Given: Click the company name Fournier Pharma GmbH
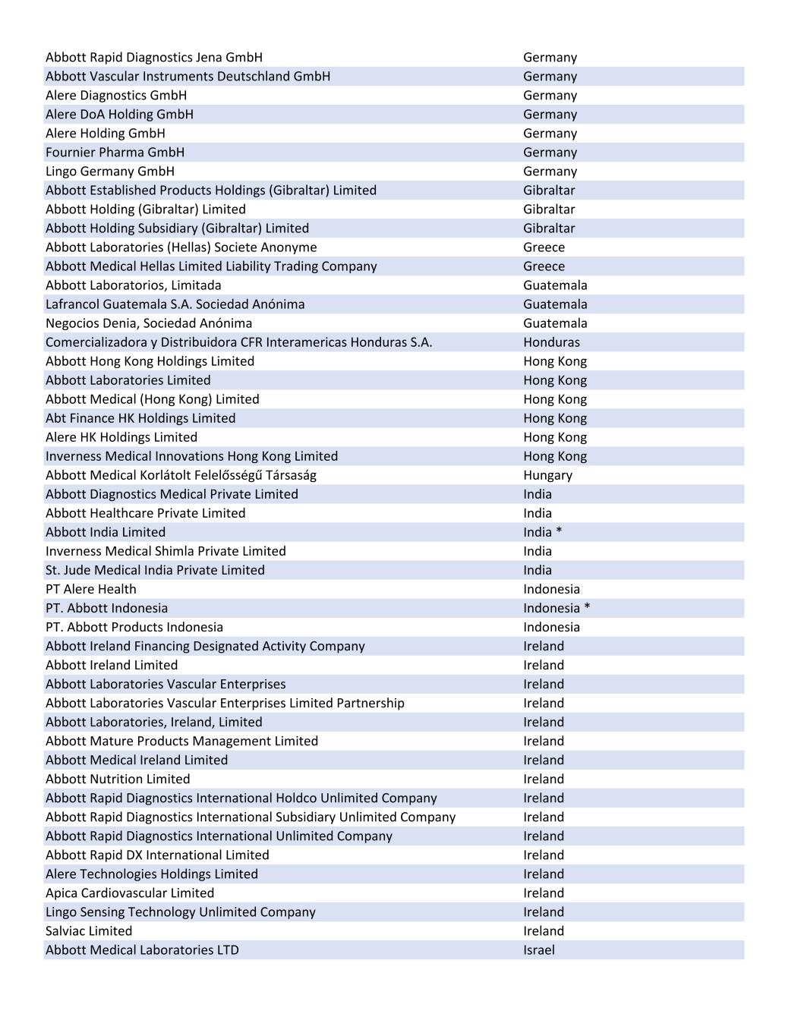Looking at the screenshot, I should [x=115, y=153].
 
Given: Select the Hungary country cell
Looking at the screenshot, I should [x=547, y=475].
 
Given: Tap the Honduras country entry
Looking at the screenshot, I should [x=551, y=342].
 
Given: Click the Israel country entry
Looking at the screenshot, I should [x=538, y=950].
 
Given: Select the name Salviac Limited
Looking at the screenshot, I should [x=89, y=931].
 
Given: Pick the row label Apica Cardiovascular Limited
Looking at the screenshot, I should [x=130, y=893].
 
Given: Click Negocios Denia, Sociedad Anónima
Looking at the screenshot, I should [x=149, y=323].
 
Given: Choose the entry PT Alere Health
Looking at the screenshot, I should [x=91, y=589].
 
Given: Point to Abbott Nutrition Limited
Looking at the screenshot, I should [x=118, y=779].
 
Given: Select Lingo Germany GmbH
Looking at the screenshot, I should [x=110, y=172].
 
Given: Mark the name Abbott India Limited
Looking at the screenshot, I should [x=106, y=532].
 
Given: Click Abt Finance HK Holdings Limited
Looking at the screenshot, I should [x=140, y=418].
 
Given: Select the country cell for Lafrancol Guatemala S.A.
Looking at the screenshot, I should [x=555, y=304].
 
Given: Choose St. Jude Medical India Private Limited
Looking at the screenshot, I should [x=155, y=570].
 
